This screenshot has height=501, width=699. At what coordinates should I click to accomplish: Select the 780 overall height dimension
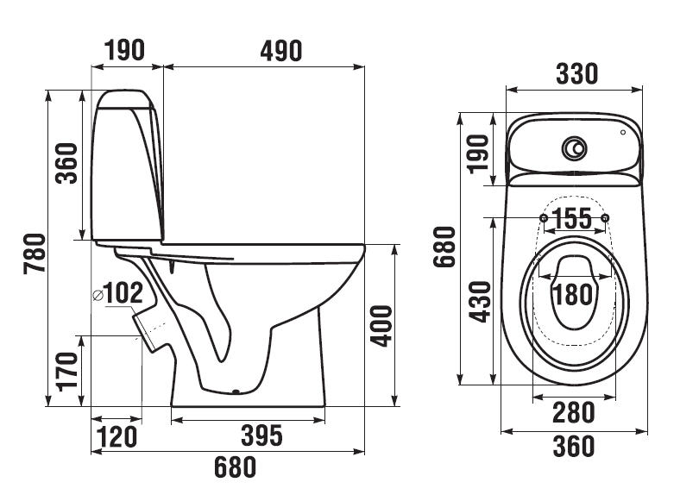click(x=33, y=254)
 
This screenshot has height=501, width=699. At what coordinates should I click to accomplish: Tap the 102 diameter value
click(x=124, y=293)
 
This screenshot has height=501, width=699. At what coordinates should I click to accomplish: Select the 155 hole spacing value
click(x=573, y=218)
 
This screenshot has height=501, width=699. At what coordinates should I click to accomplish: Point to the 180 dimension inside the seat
click(x=573, y=293)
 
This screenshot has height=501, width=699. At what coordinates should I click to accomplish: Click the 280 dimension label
click(x=574, y=413)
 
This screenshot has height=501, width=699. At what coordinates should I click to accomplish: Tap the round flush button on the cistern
click(x=573, y=149)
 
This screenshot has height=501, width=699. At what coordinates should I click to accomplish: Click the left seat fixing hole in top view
click(x=542, y=216)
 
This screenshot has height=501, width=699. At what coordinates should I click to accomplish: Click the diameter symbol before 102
click(x=98, y=295)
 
